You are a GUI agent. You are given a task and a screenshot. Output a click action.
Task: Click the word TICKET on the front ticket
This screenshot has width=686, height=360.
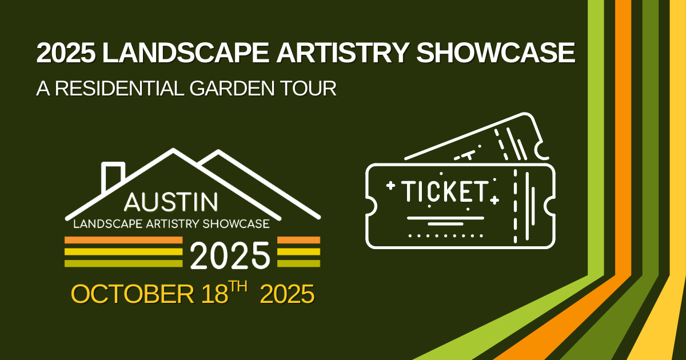point(445,191)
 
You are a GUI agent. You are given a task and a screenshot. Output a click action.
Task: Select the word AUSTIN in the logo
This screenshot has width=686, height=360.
point(171,202)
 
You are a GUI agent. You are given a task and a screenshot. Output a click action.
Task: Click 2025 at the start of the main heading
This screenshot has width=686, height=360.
point(66,53)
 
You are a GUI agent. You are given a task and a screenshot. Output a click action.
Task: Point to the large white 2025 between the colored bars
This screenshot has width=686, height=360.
point(230,255)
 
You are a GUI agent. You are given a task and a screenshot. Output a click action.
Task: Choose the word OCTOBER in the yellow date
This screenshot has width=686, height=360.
point(132,294)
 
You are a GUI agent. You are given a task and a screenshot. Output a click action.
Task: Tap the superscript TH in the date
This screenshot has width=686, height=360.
point(239,287)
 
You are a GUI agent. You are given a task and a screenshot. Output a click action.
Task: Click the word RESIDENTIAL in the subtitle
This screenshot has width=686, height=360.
point(119,89)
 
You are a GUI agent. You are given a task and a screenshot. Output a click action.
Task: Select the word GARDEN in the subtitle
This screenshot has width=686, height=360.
point(232,89)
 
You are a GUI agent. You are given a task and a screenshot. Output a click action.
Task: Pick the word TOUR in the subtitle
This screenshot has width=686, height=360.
point(308,89)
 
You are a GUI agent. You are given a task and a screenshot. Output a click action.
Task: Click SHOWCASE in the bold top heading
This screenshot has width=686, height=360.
point(495,53)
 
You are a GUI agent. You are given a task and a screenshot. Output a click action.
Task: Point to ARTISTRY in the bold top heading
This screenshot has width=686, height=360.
point(342,53)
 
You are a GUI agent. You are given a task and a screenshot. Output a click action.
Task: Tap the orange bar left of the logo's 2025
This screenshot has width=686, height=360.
point(123,240)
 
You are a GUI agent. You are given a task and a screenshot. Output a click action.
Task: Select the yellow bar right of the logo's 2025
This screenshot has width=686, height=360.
point(298,251)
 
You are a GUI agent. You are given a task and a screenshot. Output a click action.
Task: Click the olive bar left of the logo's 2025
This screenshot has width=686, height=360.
point(123,263)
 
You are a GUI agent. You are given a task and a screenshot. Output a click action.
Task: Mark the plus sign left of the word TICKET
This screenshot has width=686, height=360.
point(390,186)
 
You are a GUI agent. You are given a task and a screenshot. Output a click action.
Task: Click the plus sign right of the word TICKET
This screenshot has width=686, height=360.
point(494,201)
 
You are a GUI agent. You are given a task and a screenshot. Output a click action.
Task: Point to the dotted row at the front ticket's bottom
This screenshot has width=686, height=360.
point(445,235)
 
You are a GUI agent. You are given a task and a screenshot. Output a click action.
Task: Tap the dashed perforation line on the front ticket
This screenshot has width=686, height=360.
point(515,206)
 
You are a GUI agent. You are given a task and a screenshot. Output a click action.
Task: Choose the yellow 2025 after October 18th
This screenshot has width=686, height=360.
point(287,294)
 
